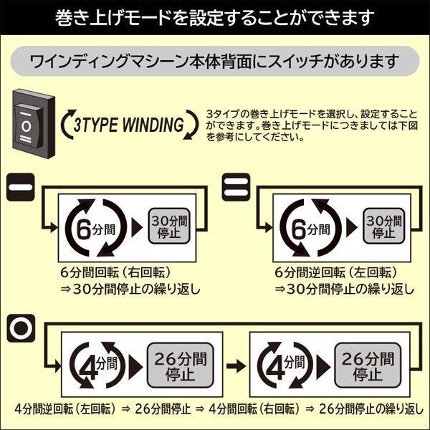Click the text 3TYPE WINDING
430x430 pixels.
128,124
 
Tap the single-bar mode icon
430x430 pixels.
21,189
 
